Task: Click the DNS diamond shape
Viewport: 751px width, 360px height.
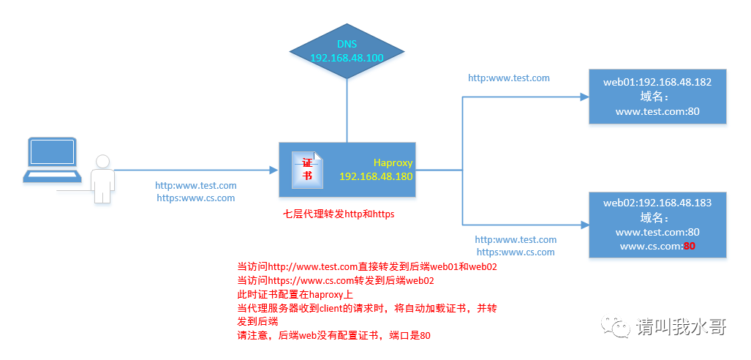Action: click(347, 51)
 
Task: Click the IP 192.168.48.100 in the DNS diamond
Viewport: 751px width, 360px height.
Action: click(347, 57)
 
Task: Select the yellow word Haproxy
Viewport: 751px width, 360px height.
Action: click(393, 163)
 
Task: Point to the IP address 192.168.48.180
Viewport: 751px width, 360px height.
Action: click(376, 176)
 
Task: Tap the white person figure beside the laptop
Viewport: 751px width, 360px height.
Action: click(102, 178)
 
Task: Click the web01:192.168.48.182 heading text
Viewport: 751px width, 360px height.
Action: click(657, 82)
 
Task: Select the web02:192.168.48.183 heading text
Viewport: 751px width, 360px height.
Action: click(657, 203)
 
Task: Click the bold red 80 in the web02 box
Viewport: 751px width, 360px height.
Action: click(688, 247)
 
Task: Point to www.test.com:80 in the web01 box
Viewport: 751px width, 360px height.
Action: click(657, 112)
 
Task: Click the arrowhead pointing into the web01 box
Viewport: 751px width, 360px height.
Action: click(584, 97)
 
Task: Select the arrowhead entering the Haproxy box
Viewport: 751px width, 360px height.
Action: click(273, 170)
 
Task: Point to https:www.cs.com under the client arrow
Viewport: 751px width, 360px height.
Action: click(195, 198)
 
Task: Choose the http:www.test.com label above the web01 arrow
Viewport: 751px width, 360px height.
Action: click(508, 78)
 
